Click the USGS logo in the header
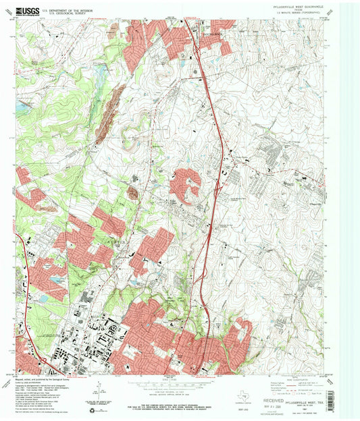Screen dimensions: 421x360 tap(28, 11)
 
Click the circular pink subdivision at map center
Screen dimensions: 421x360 tap(186, 186)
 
